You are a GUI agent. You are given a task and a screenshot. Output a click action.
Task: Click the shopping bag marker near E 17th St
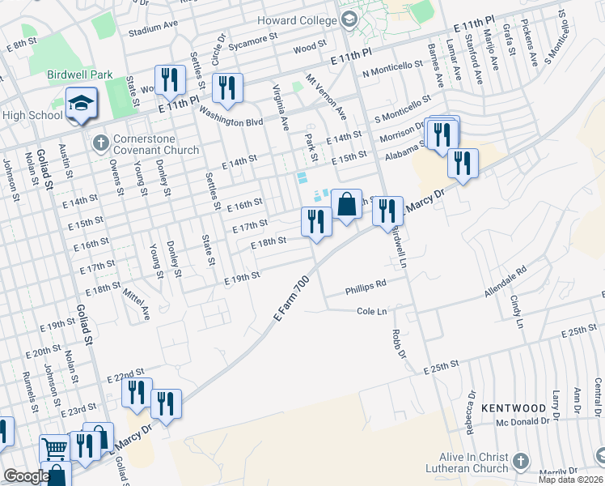coord(346,205)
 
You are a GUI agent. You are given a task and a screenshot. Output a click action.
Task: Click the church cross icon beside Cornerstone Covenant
coord(101,143)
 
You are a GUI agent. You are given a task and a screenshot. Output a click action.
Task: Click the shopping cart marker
coord(54,448)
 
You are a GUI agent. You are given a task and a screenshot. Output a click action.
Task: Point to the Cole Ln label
coord(372,311)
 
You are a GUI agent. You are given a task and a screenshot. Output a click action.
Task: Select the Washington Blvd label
coord(231,122)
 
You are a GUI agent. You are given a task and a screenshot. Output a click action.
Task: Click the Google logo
coord(27,476)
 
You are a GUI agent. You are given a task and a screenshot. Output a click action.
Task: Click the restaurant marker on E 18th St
coord(316,220)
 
